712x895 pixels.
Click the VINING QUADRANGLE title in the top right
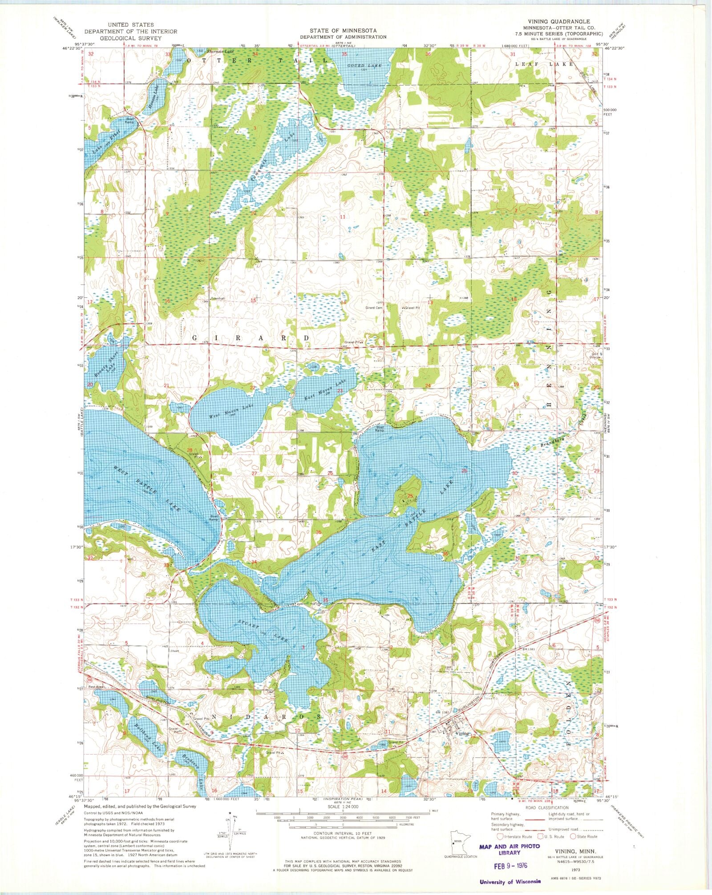[x=564, y=21]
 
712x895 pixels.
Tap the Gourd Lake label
[x=364, y=66]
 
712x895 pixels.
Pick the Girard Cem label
[x=374, y=308]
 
